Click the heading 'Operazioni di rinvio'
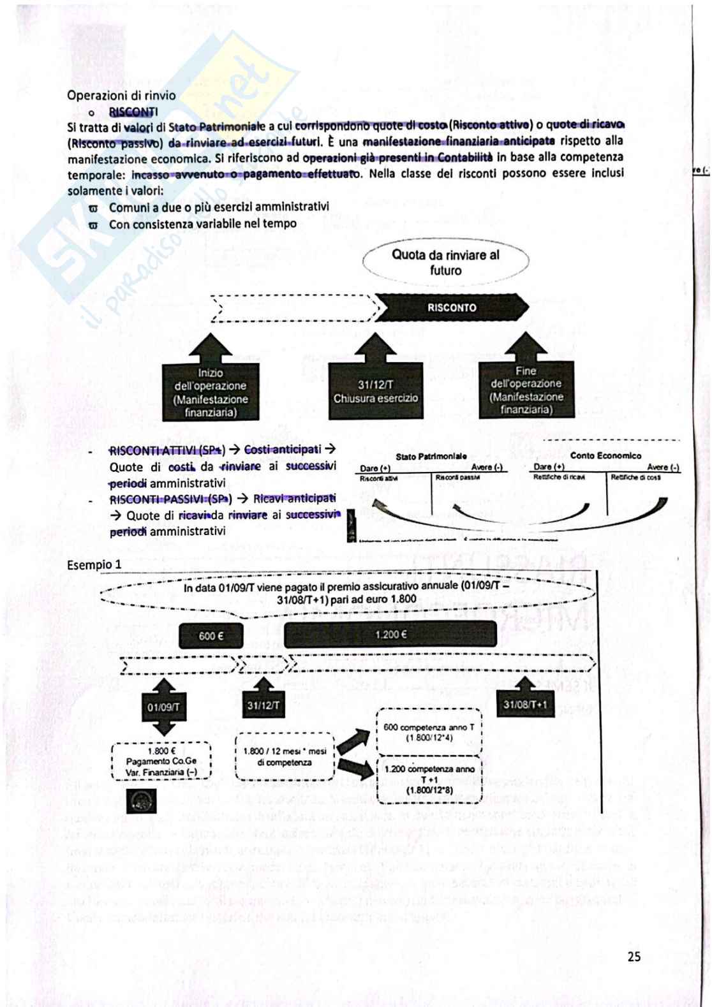[x=121, y=96]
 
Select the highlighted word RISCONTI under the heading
[x=133, y=112]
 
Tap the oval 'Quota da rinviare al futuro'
[x=445, y=262]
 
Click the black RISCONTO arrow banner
[x=452, y=307]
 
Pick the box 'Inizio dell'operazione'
[x=211, y=392]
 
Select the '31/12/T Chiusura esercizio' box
[x=376, y=392]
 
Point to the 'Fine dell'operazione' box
[x=526, y=390]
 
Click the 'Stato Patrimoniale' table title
[x=431, y=457]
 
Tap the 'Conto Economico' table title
[x=605, y=455]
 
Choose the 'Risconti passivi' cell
[x=457, y=478]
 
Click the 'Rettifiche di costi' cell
[x=635, y=477]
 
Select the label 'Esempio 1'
[x=94, y=565]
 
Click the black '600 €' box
[x=211, y=636]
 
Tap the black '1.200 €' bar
[x=390, y=635]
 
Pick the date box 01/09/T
[x=164, y=707]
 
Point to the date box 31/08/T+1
[x=525, y=705]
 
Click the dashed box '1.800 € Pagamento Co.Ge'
[x=161, y=761]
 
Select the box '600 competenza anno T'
[x=429, y=731]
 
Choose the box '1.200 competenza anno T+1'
[x=429, y=779]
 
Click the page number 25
[x=634, y=957]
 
